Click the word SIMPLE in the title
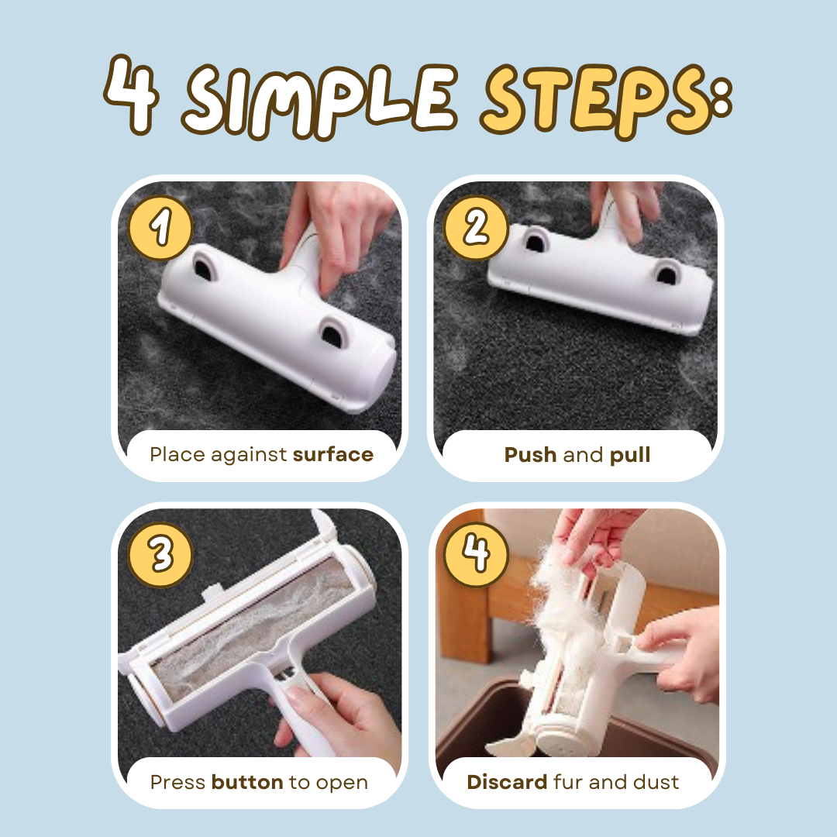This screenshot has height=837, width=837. tap(319, 100)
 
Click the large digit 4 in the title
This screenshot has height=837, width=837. tap(131, 94)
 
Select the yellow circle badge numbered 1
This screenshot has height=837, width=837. tap(160, 228)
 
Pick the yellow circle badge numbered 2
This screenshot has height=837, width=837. tap(476, 228)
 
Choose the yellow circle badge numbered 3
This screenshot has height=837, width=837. tap(160, 555)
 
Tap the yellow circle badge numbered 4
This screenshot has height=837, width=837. tap(476, 555)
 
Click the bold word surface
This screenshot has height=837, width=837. tap(333, 455)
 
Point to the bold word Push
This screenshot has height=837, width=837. tap(530, 455)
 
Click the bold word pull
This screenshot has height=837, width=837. tap(630, 456)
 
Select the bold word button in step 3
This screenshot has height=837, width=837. tap(247, 782)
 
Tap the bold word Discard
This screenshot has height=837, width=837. tap(507, 782)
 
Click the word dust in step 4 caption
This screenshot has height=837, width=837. tap(656, 782)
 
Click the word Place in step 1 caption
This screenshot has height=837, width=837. tap(177, 455)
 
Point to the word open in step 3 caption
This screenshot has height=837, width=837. tap(342, 784)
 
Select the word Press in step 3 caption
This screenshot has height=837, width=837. tap(177, 782)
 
